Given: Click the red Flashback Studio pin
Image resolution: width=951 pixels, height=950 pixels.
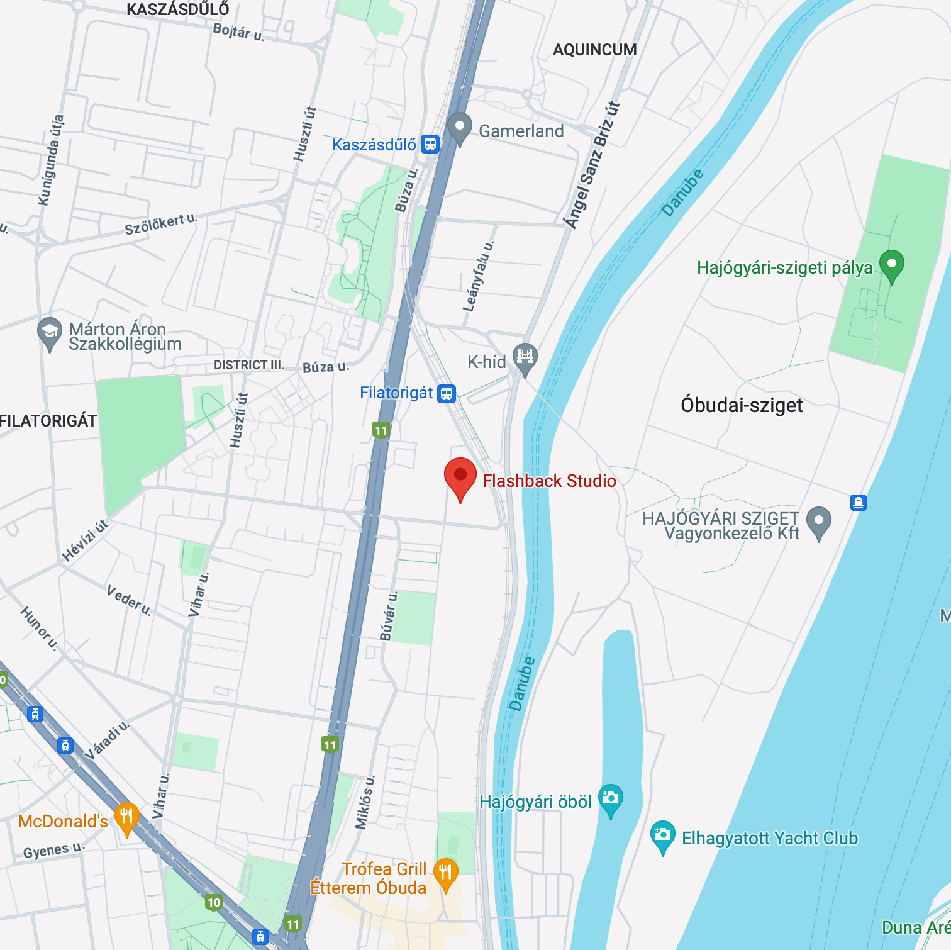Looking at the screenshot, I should (460, 476).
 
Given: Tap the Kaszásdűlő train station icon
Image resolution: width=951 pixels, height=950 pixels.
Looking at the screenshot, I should (430, 144).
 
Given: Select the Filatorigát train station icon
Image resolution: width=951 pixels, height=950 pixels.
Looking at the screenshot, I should (447, 394).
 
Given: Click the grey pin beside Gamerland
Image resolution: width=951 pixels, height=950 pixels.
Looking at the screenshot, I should (460, 126).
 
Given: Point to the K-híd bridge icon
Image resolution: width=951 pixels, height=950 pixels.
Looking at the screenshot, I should (525, 357).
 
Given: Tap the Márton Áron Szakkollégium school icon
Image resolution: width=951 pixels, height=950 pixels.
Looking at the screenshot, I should (49, 332).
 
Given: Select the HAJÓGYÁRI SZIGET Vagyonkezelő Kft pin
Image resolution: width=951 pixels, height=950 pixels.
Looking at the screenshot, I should (818, 522).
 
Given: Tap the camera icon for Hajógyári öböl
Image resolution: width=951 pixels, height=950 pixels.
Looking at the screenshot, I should (610, 799).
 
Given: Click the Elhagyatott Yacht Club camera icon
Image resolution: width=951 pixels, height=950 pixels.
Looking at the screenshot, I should (662, 835).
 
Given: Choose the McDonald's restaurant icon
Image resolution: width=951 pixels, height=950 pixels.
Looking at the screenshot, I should (126, 818).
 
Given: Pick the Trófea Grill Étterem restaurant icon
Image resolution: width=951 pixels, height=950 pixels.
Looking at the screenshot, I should (445, 873).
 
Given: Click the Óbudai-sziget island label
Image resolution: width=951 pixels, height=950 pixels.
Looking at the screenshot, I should (741, 405).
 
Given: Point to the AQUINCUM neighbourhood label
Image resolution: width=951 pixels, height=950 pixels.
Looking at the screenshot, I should (594, 50).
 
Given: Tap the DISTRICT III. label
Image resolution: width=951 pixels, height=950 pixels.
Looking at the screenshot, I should (249, 365).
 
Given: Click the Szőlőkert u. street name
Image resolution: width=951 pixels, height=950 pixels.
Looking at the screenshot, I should (161, 225).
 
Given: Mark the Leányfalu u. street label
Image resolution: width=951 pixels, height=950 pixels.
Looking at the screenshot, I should (479, 276).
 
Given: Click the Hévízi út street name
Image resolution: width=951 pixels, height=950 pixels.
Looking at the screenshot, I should (85, 540).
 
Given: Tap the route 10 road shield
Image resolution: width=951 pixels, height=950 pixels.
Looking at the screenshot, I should (214, 903).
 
